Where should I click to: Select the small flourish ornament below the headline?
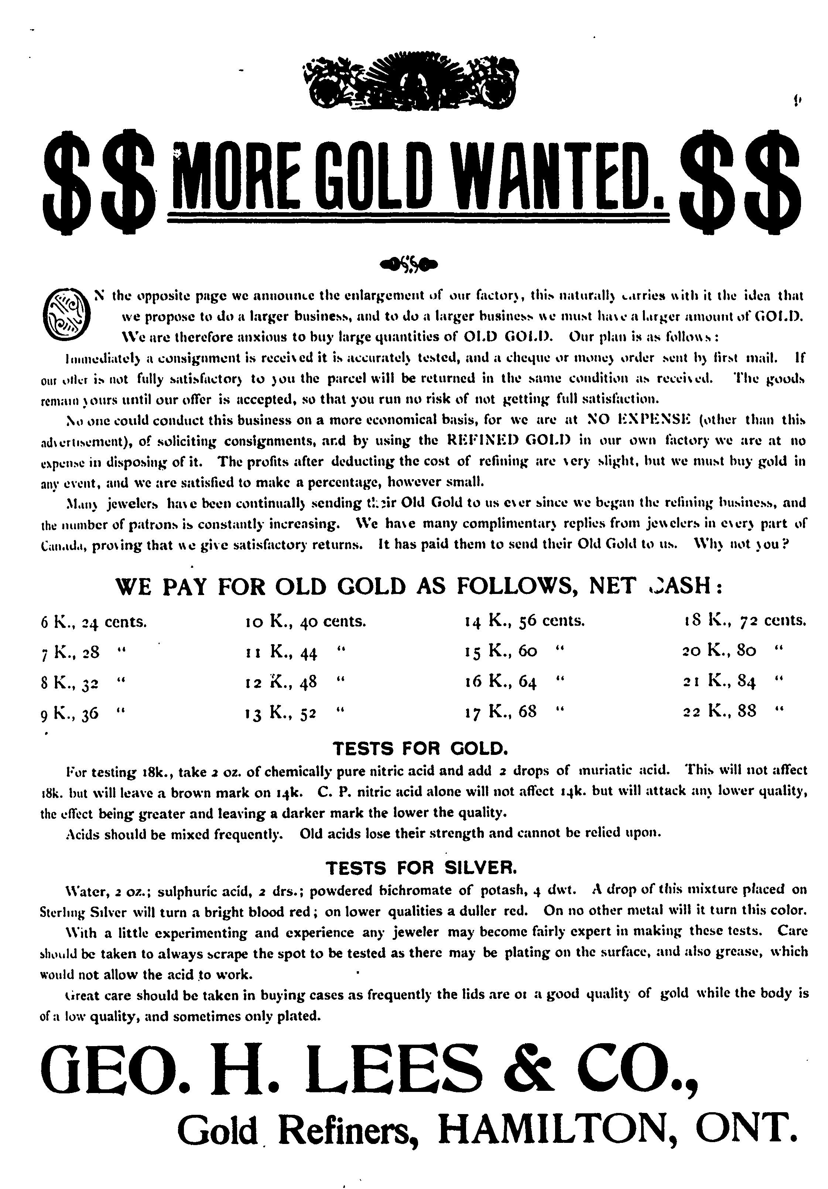(408, 264)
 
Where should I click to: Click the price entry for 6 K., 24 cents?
(94, 621)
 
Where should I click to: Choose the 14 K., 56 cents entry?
(524, 621)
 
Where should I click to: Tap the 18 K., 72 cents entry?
(745, 621)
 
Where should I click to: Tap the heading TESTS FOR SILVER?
(420, 867)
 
